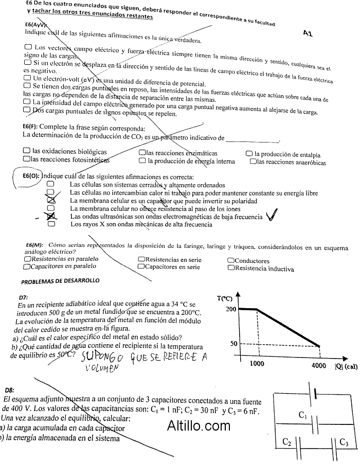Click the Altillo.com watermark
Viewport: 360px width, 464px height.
(199, 425)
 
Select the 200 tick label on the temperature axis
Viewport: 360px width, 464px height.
(230, 309)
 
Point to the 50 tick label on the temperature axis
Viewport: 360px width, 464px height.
(233, 344)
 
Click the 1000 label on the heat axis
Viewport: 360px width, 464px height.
(257, 364)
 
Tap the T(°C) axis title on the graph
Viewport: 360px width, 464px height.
(225, 298)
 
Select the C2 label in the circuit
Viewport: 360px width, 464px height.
(287, 441)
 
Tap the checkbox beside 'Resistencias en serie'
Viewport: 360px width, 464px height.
(141, 260)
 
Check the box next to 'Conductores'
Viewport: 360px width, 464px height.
(231, 261)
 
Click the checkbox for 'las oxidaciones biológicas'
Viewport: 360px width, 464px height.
(27, 152)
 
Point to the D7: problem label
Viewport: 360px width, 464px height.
(23, 297)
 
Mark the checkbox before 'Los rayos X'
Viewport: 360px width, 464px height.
(51, 224)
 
